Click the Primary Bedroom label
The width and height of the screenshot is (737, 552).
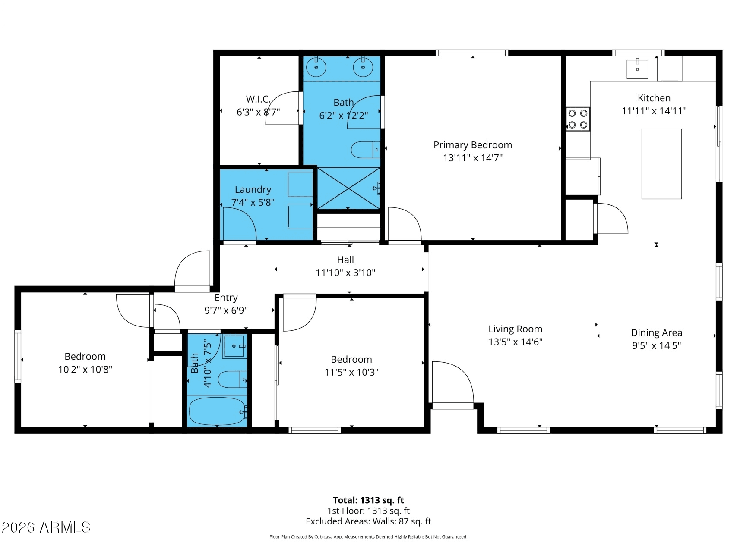(473, 145)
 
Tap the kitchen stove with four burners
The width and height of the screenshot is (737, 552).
(578, 119)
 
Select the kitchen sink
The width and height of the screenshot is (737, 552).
(637, 69)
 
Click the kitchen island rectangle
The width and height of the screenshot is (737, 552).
(661, 164)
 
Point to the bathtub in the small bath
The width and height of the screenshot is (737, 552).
(217, 411)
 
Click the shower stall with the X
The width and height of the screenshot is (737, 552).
(349, 188)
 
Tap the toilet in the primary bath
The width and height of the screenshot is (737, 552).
(365, 150)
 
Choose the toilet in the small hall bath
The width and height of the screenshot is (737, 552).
(232, 379)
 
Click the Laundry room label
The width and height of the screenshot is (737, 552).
(253, 189)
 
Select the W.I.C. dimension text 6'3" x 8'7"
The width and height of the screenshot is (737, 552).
(258, 112)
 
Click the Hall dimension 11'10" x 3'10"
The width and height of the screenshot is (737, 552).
(345, 273)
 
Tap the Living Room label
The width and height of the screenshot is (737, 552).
(515, 329)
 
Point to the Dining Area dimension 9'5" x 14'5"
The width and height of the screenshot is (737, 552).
(657, 345)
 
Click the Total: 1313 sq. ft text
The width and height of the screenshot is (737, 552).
(368, 500)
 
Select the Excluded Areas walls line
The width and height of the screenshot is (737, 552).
(368, 521)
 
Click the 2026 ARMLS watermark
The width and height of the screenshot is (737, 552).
(46, 527)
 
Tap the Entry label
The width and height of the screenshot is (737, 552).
(226, 298)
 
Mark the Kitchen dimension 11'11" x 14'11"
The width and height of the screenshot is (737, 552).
(654, 111)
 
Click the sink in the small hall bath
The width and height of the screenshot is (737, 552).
(234, 346)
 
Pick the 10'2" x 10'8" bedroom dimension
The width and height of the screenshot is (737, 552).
(85, 369)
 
